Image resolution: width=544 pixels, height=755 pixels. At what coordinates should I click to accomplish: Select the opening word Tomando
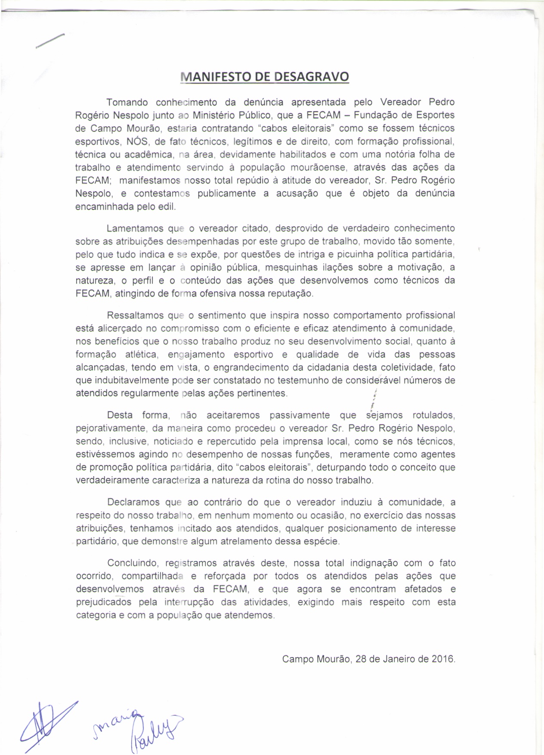point(127,103)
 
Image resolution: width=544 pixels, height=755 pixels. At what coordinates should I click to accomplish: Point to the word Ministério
point(213,115)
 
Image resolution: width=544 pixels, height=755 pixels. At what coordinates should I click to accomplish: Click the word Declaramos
point(133,502)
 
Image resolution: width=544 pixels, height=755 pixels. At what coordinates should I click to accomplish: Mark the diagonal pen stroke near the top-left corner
point(50,41)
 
